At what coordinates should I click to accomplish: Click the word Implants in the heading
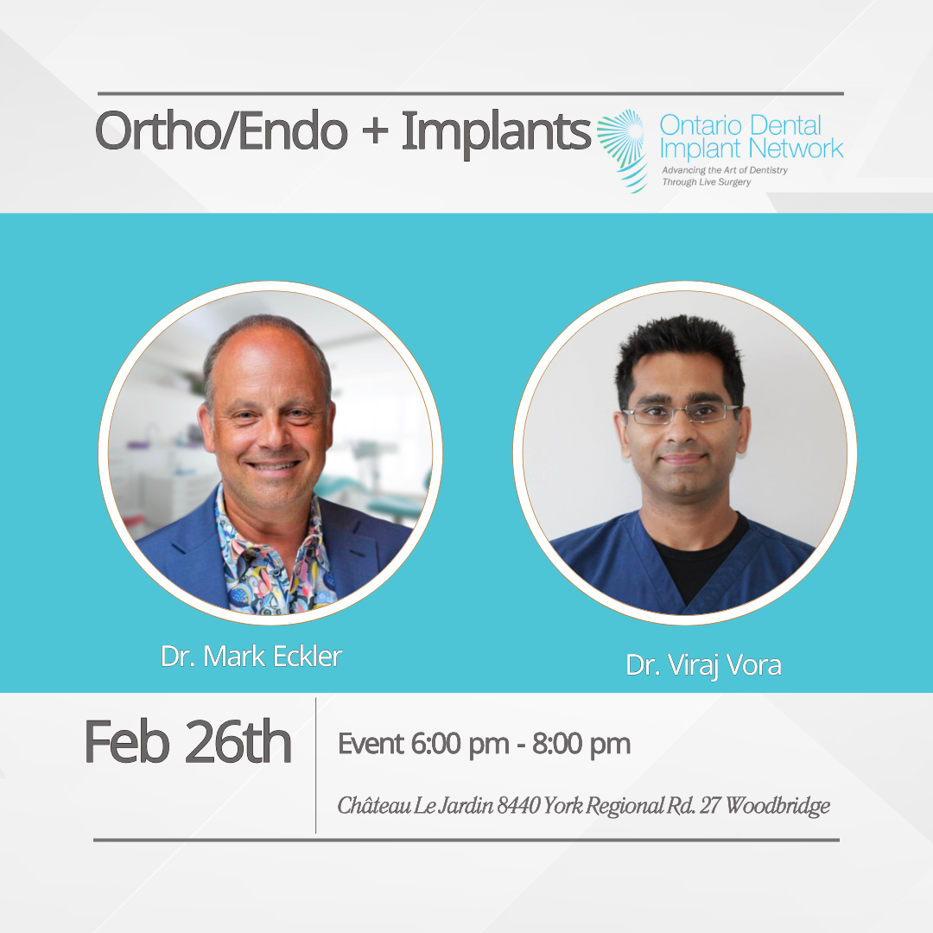coord(496,132)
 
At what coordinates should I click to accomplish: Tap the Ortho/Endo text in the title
coord(221,131)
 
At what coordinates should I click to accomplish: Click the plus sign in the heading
coord(375,132)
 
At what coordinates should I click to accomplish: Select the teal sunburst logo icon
coord(622,150)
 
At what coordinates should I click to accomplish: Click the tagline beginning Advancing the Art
coord(724,176)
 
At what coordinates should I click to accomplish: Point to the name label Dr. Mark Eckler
coord(251,657)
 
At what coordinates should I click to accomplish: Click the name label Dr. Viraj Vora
coord(703,665)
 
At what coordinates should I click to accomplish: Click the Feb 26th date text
coord(187,741)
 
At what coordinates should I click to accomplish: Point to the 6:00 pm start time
coord(460,745)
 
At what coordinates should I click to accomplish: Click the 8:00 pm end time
coord(581,745)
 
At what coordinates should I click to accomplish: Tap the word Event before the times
coord(371,744)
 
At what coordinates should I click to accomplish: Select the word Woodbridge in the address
coord(777,806)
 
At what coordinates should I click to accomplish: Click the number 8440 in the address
coord(519,806)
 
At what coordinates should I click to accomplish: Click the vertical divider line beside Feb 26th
coord(316,765)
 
